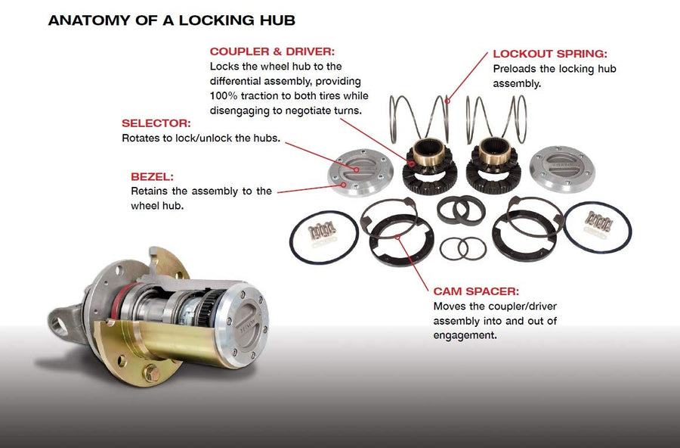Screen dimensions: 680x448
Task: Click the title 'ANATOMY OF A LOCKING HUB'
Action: (172, 20)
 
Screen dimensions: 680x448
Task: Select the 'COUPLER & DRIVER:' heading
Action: (272, 51)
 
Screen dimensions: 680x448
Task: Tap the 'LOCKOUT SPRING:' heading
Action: (550, 54)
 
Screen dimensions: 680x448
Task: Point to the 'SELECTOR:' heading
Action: (156, 123)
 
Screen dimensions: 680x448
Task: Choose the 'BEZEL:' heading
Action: (152, 177)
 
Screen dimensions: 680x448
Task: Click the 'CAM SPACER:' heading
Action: (476, 291)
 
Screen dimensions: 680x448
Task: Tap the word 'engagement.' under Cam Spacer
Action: (465, 336)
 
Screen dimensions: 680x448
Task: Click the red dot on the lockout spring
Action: (447, 101)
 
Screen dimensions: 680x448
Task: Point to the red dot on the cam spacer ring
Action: (397, 237)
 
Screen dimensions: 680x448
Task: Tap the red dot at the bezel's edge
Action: (344, 185)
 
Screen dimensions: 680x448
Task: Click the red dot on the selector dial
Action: (356, 170)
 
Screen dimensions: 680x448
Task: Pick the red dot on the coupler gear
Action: (411, 163)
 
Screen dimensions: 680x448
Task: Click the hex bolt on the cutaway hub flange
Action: (152, 373)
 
